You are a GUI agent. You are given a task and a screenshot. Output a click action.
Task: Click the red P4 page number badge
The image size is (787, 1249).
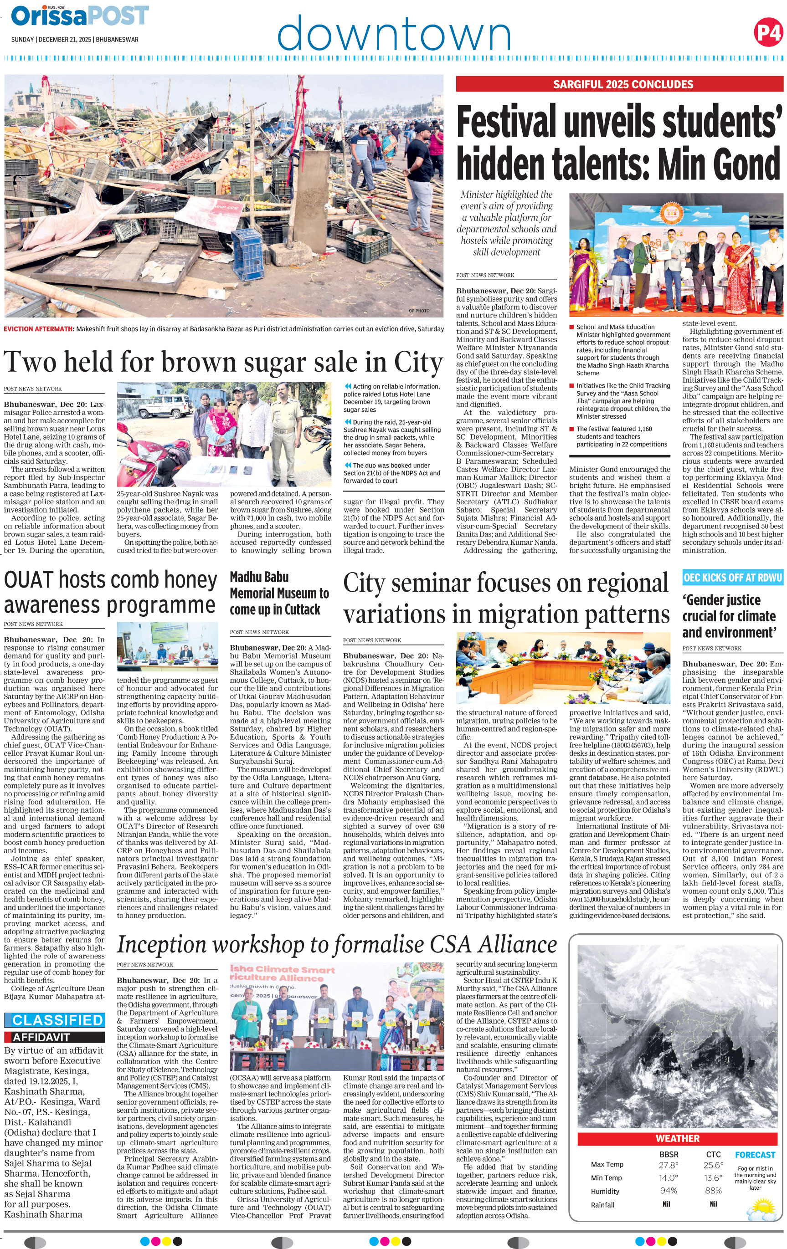click(768, 33)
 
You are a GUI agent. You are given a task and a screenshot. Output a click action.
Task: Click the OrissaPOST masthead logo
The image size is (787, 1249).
click(80, 15)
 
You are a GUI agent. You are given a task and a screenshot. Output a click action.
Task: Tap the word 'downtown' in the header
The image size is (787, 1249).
click(394, 33)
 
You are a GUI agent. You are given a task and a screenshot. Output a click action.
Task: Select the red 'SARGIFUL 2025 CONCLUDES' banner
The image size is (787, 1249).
click(619, 84)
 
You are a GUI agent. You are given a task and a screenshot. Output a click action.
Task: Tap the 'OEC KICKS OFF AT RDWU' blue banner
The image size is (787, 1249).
click(732, 577)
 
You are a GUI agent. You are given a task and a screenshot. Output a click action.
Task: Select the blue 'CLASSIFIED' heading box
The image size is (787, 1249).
click(55, 1020)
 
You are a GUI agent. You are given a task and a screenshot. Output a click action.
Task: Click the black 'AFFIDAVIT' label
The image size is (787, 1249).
click(55, 1037)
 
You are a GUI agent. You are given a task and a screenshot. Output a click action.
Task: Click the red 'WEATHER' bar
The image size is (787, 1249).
click(677, 1138)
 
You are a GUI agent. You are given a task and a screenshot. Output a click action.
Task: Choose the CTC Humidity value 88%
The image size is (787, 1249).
click(713, 1191)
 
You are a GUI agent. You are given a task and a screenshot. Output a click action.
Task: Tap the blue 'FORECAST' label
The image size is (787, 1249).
click(755, 1155)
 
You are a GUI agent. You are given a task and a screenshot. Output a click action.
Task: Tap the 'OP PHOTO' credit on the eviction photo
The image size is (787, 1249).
click(419, 311)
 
